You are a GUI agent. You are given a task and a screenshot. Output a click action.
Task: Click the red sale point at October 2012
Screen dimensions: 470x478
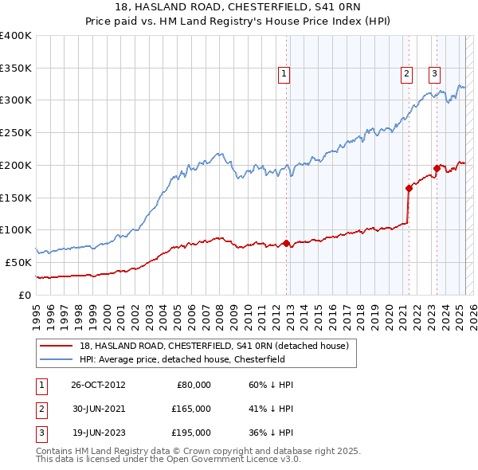pyautogui.click(x=287, y=243)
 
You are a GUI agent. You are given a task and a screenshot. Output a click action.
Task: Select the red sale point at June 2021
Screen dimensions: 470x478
pyautogui.click(x=409, y=188)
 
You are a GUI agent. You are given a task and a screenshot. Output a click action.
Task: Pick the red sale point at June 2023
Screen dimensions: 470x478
pyautogui.click(x=437, y=168)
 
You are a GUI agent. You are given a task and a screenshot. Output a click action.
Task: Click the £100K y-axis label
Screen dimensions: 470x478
pyautogui.click(x=16, y=229)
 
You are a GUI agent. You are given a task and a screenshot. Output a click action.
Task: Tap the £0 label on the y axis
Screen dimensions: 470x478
pyautogui.click(x=24, y=295)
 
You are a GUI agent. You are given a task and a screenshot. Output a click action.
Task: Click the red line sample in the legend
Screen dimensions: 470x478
pyautogui.click(x=57, y=346)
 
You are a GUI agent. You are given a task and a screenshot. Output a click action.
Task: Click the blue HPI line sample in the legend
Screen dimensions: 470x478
pyautogui.click(x=57, y=359)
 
